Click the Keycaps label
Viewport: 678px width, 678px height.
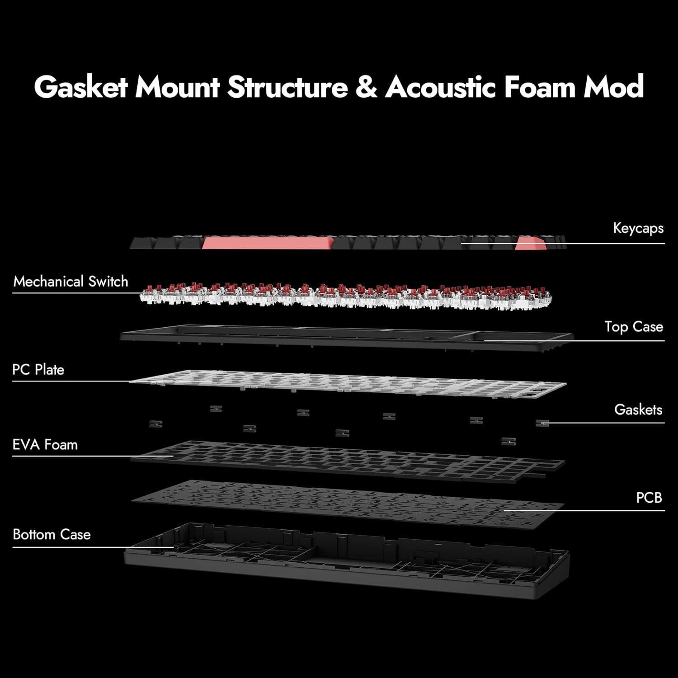point(638,228)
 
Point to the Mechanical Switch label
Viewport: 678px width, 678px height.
point(71,282)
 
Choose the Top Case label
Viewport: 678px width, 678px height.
point(634,327)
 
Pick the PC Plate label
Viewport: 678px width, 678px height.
point(38,370)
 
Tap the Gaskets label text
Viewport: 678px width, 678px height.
point(638,410)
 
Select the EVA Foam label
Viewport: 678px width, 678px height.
point(45,445)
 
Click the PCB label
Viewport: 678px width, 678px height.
point(649,498)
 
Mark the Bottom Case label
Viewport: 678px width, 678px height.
point(52,535)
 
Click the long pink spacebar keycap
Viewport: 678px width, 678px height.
point(267,243)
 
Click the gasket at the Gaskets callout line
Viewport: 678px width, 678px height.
point(541,423)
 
